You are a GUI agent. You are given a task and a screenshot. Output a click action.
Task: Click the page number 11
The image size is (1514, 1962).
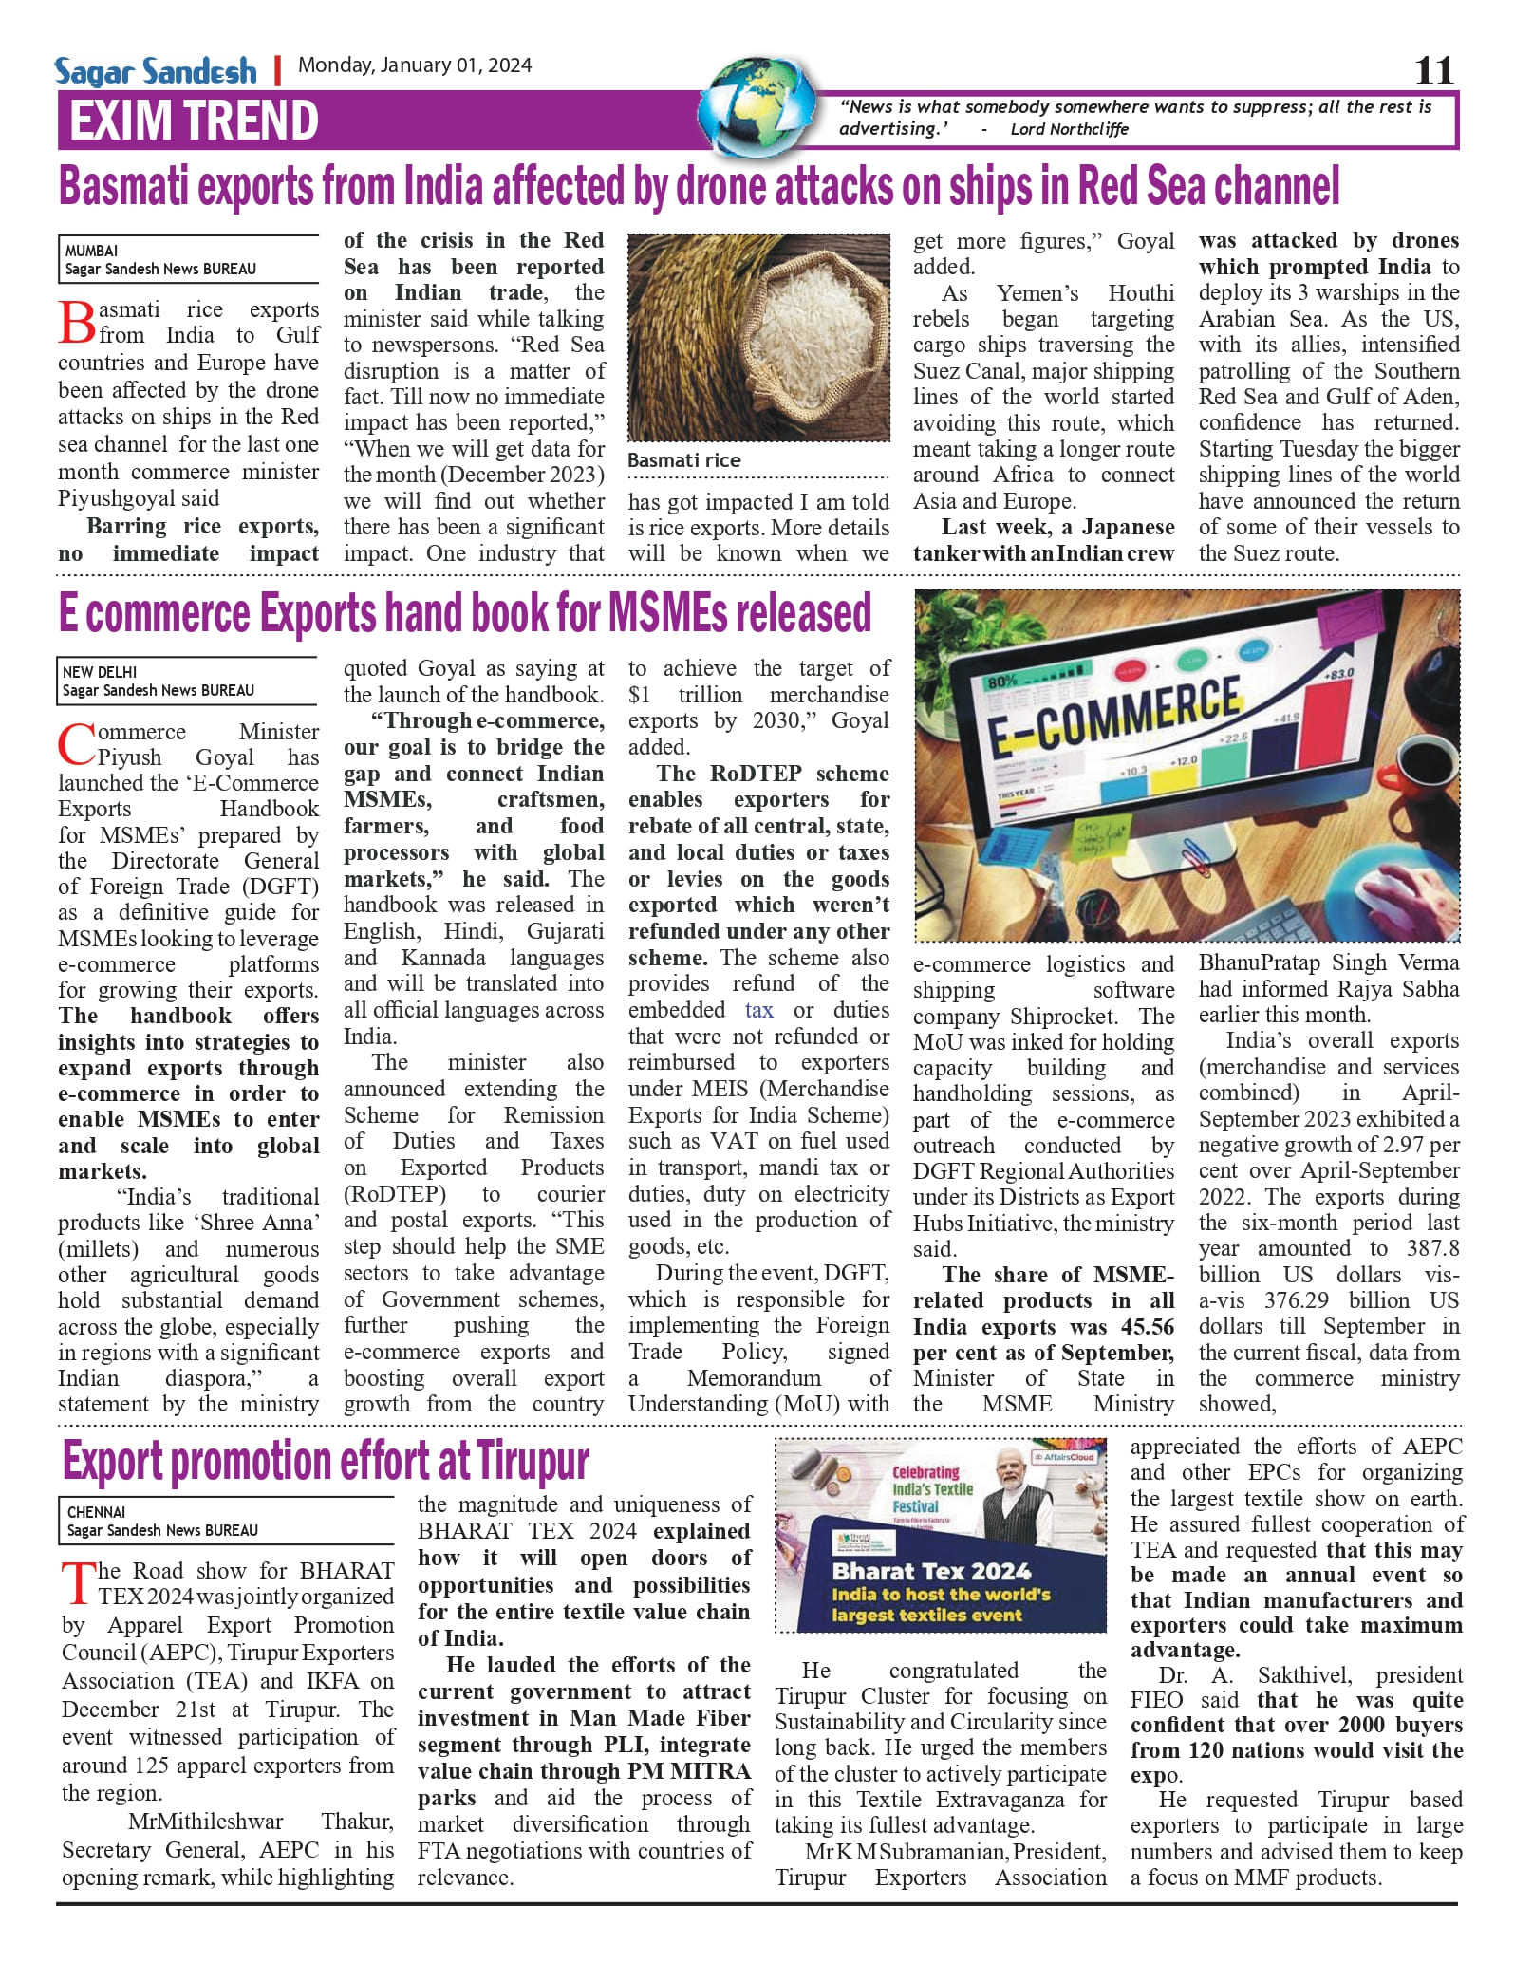[1433, 70]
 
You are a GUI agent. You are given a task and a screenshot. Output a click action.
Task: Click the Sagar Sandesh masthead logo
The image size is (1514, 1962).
[156, 71]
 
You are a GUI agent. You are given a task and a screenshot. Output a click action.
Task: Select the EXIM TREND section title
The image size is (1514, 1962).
[194, 121]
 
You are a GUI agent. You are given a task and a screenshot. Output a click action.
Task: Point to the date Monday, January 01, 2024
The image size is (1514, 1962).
[415, 65]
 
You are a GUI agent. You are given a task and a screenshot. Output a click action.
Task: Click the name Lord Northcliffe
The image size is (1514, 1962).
[1070, 129]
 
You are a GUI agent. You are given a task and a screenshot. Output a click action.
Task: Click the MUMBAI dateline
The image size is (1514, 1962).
[91, 252]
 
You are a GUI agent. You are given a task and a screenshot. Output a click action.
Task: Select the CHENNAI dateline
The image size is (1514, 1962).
[96, 1512]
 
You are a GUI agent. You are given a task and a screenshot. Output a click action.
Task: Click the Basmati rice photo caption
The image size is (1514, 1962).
[684, 460]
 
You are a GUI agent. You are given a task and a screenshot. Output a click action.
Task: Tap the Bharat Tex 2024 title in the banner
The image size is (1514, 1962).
[931, 1571]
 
